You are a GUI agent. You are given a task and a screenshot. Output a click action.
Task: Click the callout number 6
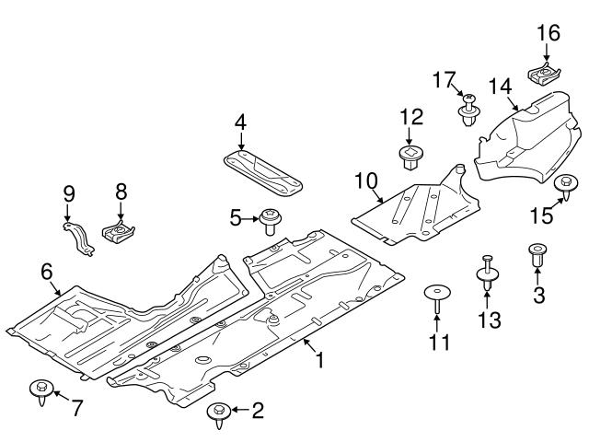click(47, 271)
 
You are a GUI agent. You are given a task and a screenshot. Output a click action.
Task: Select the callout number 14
click(499, 87)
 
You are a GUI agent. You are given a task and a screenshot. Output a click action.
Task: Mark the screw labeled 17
click(470, 110)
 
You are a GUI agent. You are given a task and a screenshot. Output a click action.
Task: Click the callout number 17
click(444, 80)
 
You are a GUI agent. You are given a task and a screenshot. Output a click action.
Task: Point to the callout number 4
click(239, 122)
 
